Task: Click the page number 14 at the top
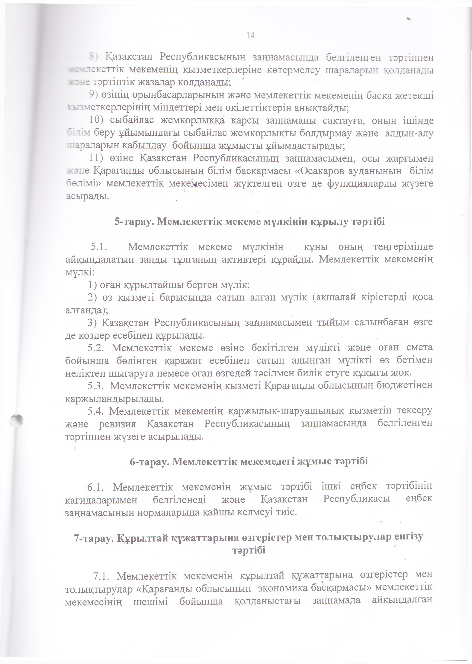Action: (250, 35)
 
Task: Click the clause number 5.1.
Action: (99, 247)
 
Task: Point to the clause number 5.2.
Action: (97, 347)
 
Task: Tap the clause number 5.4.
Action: (96, 411)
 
